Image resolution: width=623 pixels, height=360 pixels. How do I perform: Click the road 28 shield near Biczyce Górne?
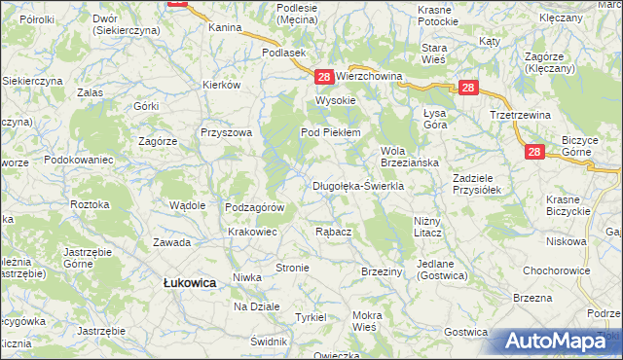(x=533, y=152)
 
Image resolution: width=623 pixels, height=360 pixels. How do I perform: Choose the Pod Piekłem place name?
(x=331, y=132)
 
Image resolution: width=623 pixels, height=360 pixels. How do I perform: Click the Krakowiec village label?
(x=253, y=232)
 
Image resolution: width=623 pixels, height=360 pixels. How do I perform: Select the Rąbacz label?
(x=334, y=232)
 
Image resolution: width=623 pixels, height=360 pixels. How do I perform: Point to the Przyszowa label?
(x=226, y=132)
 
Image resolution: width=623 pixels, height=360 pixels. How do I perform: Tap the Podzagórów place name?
(x=254, y=207)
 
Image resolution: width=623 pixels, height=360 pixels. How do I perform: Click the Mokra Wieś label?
(x=367, y=321)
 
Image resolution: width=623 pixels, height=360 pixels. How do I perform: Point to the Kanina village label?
(x=225, y=28)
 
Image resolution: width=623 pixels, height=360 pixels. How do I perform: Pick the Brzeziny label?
(x=382, y=271)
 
